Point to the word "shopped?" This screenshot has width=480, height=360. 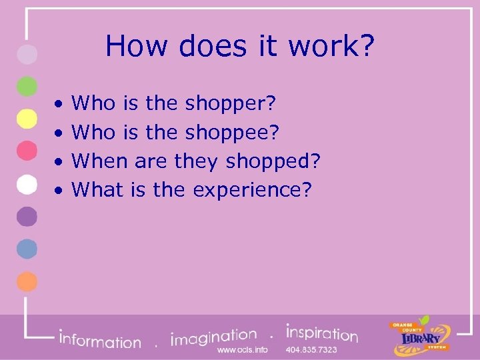tap(274, 161)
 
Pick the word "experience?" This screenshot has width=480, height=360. tap(252, 190)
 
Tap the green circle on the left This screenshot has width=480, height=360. tap(27, 86)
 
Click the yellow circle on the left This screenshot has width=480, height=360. tap(27, 119)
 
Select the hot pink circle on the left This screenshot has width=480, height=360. tap(27, 151)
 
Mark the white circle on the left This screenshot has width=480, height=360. tap(27, 184)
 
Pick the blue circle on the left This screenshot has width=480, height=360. tap(27, 249)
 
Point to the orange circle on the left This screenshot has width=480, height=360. tap(27, 282)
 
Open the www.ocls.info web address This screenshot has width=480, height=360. tap(243, 350)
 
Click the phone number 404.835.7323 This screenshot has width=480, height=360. tap(311, 350)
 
